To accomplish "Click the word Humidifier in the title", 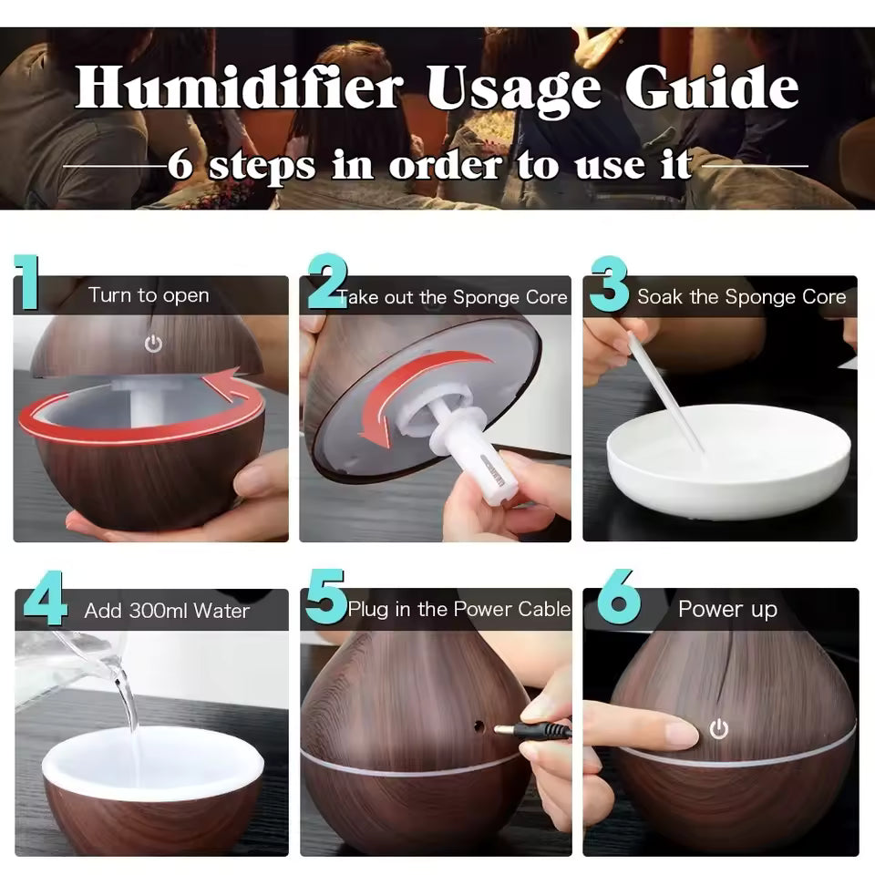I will click(239, 88).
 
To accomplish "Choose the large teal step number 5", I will click(325, 598).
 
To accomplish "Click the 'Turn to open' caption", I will click(149, 295).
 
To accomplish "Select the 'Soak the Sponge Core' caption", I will click(741, 297).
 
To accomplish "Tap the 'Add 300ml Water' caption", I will click(167, 611).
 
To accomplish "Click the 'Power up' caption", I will click(727, 609).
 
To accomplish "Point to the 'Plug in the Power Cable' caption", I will click(458, 609).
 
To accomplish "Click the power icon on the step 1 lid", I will click(153, 344).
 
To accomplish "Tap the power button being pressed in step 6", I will click(720, 729).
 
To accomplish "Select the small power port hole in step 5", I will click(476, 726).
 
